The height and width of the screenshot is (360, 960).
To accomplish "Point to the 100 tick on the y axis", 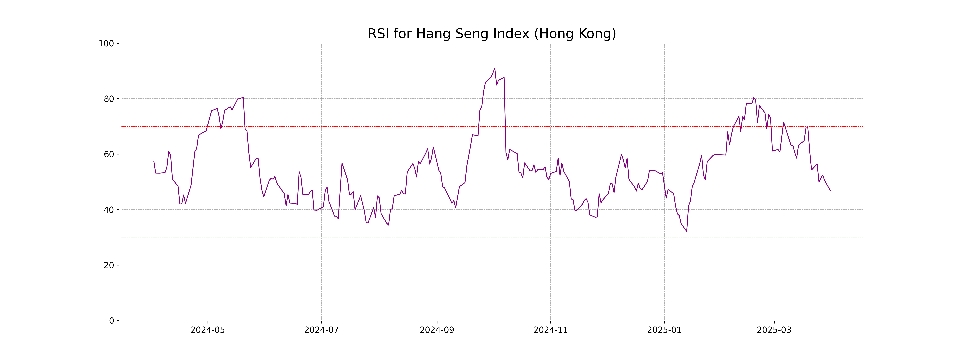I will tap(106, 44).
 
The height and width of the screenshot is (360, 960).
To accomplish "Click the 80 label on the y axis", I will tap(109, 99).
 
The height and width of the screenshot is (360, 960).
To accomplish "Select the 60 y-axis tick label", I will tap(109, 154).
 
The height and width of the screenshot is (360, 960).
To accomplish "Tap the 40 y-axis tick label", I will tap(109, 210).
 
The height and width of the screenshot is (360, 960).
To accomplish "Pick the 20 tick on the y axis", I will tap(109, 265).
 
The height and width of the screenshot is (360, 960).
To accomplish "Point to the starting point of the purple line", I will tap(154, 161).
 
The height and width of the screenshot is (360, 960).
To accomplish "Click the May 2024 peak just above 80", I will tap(243, 98).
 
